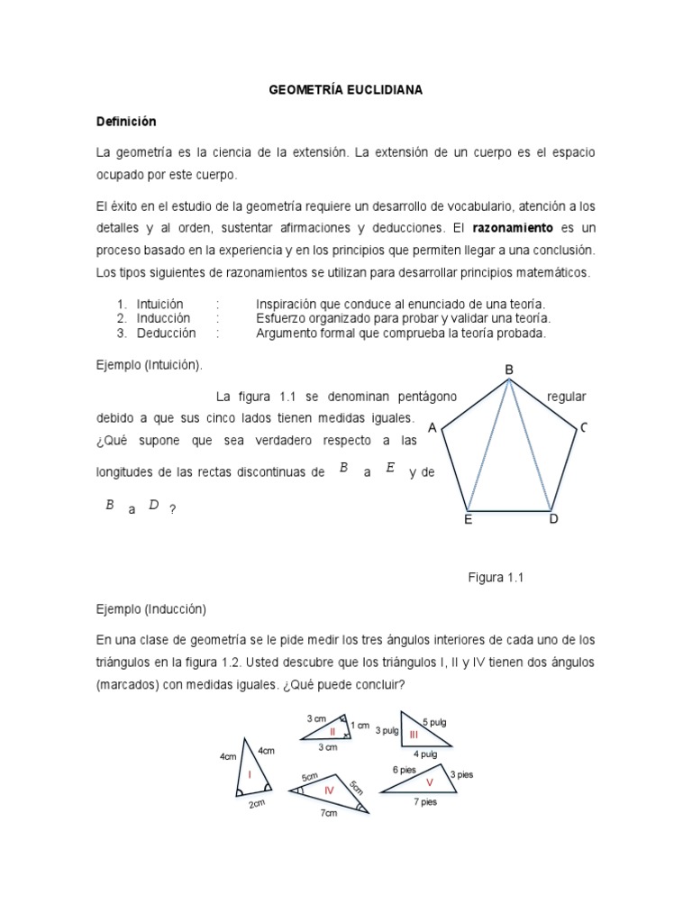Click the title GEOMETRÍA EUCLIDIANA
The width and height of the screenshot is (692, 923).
click(x=347, y=91)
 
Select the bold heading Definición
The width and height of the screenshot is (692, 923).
click(x=126, y=122)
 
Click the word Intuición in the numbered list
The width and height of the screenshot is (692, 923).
click(x=160, y=304)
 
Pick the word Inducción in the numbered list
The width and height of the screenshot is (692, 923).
click(x=163, y=318)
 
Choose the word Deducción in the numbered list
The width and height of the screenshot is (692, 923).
click(x=166, y=333)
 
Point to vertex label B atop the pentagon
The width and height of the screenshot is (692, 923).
click(x=509, y=370)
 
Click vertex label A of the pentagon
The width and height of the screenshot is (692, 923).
click(x=432, y=427)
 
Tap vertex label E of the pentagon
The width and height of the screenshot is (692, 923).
click(x=468, y=519)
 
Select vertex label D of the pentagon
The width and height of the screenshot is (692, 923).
click(x=553, y=519)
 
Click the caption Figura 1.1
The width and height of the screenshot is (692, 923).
click(x=495, y=578)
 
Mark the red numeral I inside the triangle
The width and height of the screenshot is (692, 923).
click(x=250, y=773)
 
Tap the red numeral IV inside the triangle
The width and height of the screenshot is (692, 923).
click(x=329, y=790)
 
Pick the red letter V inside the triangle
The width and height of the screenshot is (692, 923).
click(x=430, y=781)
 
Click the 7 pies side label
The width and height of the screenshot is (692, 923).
click(x=424, y=802)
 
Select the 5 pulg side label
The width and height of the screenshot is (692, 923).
click(x=433, y=723)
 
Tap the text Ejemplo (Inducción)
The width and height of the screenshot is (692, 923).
click(x=151, y=608)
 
